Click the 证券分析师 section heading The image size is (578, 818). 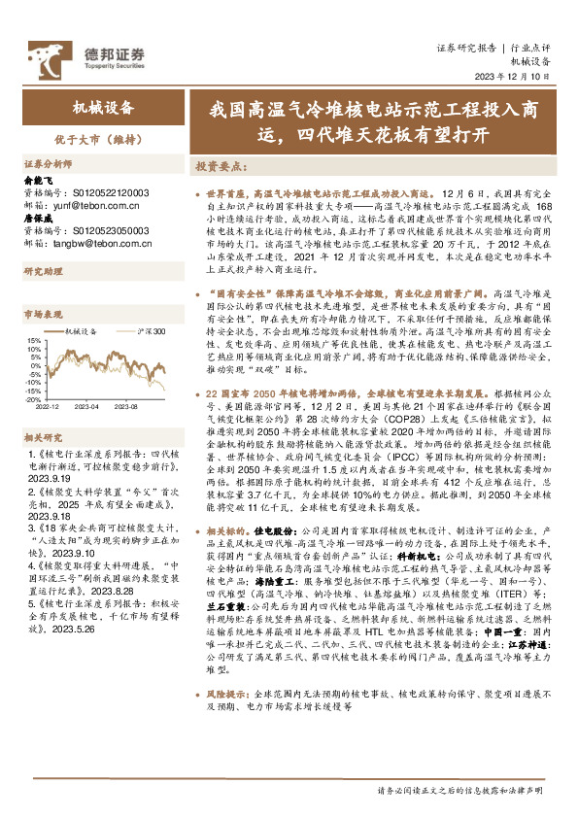(48, 164)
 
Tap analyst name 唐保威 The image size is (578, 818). (38, 219)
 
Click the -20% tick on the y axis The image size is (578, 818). (34, 399)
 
